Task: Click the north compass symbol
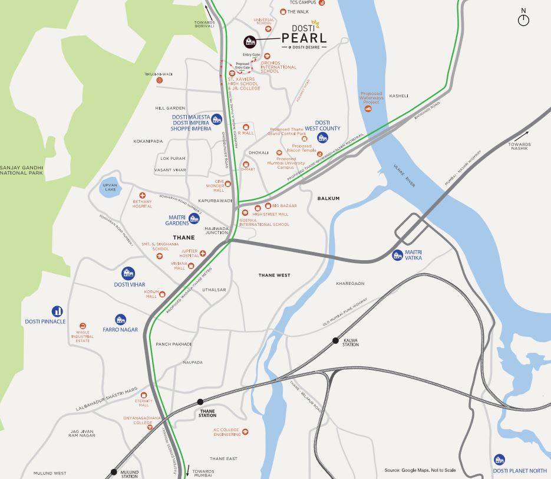523,20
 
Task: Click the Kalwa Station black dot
335,340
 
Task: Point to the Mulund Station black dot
114,471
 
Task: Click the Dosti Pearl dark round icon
250,41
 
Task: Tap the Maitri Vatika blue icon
398,255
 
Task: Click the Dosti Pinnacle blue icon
57,311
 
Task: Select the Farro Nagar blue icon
120,319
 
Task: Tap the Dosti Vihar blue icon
128,273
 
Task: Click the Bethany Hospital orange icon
142,195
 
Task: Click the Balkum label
328,199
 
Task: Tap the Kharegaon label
351,284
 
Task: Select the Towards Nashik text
520,147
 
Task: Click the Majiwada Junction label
216,230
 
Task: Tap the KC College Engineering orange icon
246,432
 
